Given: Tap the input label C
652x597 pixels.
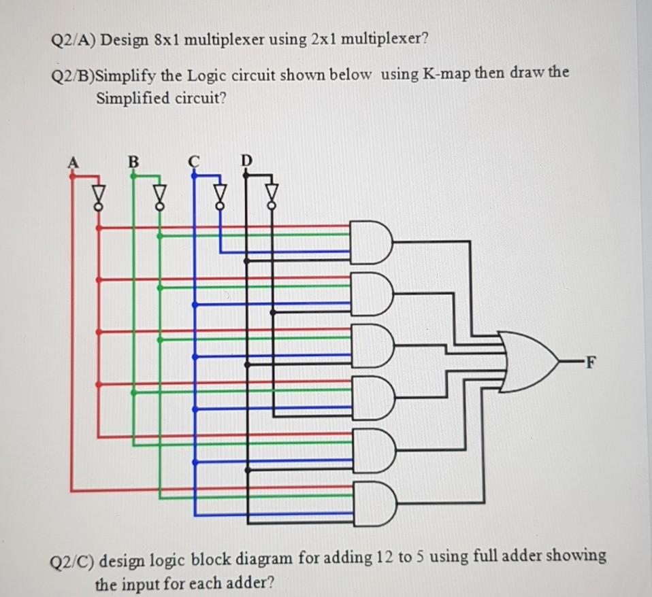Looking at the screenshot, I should tap(195, 161).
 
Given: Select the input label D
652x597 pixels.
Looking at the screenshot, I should tap(247, 160).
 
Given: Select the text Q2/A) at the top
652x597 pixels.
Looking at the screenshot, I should tap(74, 39).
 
